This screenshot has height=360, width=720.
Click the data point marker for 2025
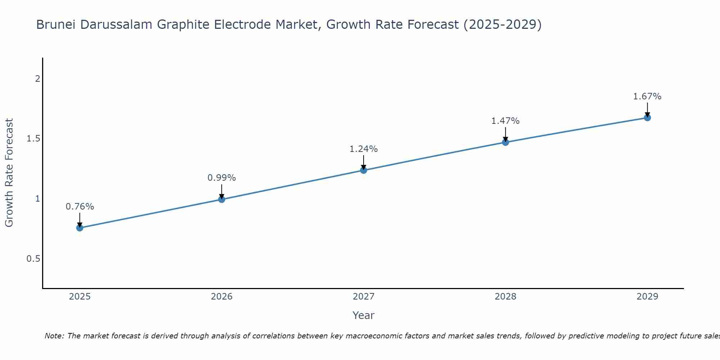pos(80,228)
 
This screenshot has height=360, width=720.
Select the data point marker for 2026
pos(222,199)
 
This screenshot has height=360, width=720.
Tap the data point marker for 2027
pos(364,170)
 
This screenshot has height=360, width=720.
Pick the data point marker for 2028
pos(505,142)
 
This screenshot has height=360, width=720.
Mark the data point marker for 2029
pos(647,118)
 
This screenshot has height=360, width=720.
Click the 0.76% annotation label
pos(80,207)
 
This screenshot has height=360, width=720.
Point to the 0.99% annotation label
pos(222,178)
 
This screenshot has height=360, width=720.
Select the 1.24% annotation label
pos(364,149)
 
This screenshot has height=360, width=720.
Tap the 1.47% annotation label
pos(505,121)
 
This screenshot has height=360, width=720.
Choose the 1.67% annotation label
pos(647,96)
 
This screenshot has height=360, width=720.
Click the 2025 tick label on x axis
pos(80,297)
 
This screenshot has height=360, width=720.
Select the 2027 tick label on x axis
pos(364,297)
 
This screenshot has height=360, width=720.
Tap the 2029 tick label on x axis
pos(647,297)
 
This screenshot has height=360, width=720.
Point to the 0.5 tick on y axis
pos(33,259)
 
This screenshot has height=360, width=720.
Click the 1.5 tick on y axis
pos(33,139)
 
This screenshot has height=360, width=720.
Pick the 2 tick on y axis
pos(37,78)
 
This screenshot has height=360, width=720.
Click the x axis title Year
pos(364,315)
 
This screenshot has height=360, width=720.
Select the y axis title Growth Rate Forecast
pos(9,173)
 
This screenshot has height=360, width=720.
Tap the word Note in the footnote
pos(54,336)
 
